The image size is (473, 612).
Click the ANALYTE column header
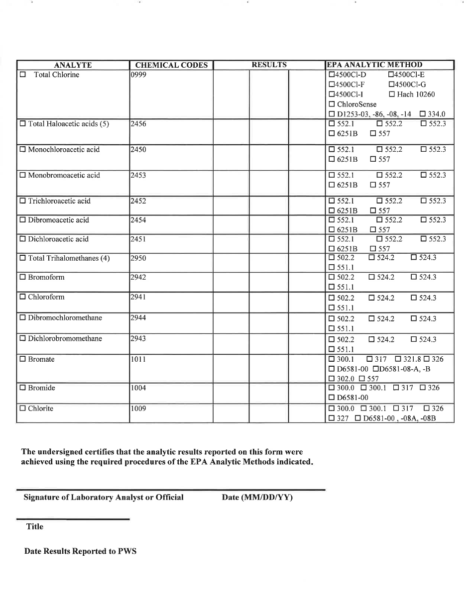(x=73, y=65)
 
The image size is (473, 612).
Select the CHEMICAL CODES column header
(x=171, y=65)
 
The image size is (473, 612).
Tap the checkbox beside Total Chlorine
(x=23, y=75)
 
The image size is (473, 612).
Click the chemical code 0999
(x=138, y=75)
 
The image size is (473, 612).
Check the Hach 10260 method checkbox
(x=392, y=95)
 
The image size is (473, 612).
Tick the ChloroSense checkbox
(x=332, y=104)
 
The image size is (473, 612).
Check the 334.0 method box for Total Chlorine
(x=423, y=114)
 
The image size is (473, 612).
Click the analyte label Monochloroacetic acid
(x=64, y=150)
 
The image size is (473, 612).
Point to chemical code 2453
(x=138, y=175)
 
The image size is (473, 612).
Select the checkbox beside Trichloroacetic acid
(x=23, y=201)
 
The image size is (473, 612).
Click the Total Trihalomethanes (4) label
(x=69, y=258)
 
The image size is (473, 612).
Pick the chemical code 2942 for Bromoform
(x=138, y=277)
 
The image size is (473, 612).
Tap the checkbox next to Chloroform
(x=23, y=297)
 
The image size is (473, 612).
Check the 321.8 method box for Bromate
(x=398, y=359)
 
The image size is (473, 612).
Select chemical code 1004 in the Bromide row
(x=138, y=388)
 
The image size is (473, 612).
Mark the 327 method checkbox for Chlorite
(x=332, y=418)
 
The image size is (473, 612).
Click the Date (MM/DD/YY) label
(x=257, y=497)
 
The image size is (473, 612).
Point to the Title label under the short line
(x=35, y=526)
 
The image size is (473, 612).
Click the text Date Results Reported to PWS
(x=80, y=551)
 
